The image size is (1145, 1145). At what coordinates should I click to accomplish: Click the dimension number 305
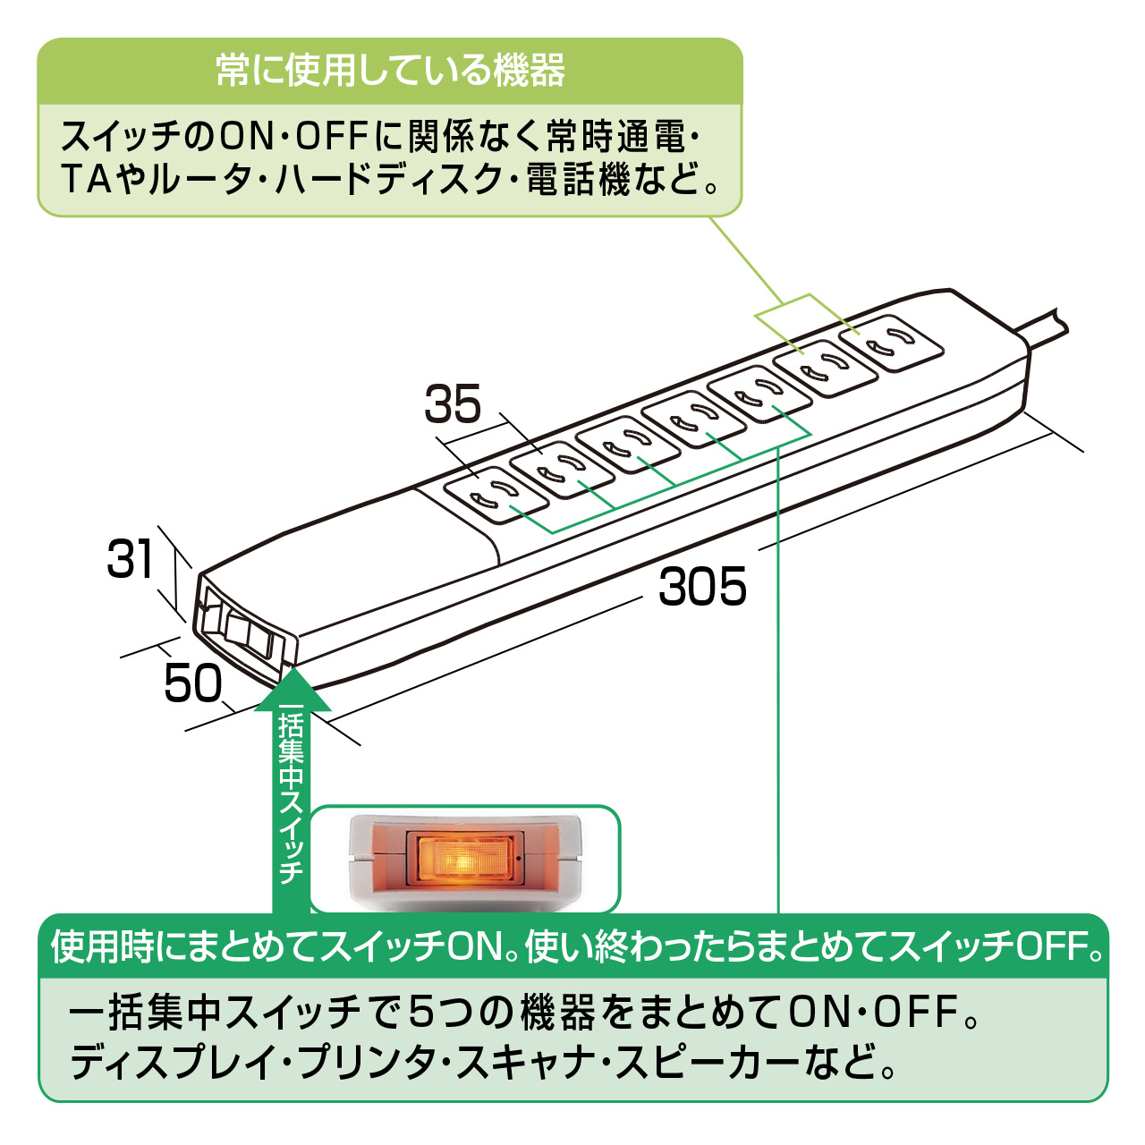[x=702, y=588]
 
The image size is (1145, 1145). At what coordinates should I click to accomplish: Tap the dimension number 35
[x=453, y=403]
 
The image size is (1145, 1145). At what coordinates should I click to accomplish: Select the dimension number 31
[x=131, y=559]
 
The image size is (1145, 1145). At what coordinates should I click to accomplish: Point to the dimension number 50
[x=193, y=684]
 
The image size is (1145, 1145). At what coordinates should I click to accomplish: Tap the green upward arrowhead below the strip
[x=292, y=691]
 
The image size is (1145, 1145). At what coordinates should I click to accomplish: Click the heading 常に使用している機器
[x=390, y=71]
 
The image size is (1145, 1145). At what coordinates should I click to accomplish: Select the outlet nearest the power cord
[x=891, y=343]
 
